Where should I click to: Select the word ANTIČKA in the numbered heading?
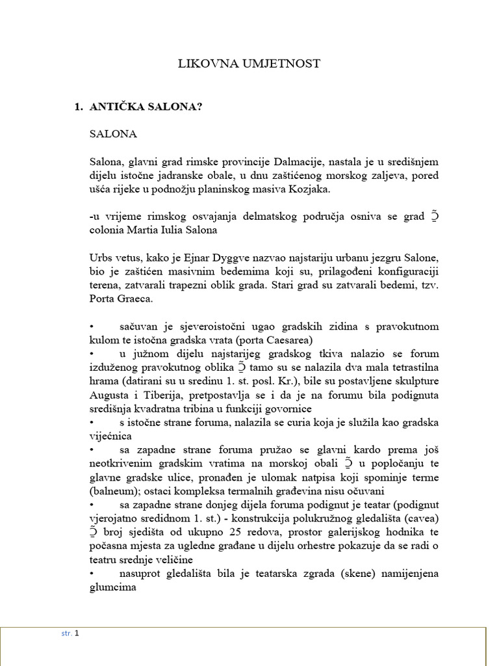tap(118, 107)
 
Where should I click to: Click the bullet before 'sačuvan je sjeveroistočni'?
tap(92, 326)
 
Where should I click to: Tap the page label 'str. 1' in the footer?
tap(70, 633)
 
